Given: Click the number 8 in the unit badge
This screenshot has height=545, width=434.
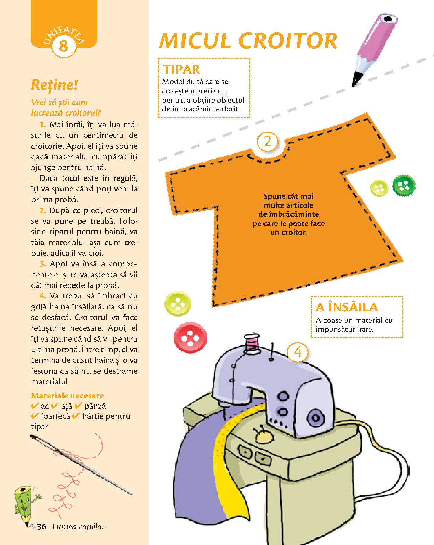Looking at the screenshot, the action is click(x=64, y=46).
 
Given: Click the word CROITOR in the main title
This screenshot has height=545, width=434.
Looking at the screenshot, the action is click(x=288, y=41).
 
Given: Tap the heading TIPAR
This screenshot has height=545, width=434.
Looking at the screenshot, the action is click(x=181, y=69).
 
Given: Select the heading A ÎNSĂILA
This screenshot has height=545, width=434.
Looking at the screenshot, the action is click(x=347, y=307).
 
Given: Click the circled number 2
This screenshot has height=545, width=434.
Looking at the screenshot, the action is click(x=267, y=142).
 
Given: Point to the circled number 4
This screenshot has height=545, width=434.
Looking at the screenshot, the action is click(x=298, y=352).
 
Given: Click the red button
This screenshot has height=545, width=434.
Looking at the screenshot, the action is click(x=190, y=337).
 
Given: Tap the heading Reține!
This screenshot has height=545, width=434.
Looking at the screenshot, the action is click(x=54, y=85).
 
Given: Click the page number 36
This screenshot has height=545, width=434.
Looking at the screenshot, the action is click(x=42, y=527).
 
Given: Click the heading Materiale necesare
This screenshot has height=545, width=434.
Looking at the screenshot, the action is click(x=67, y=395).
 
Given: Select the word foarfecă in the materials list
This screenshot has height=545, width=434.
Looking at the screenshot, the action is click(x=55, y=416).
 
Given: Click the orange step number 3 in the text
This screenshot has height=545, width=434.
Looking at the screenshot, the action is click(x=43, y=264).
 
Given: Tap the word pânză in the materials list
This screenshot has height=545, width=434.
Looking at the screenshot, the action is click(x=95, y=406).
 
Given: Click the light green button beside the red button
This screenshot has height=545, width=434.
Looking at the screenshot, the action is click(x=178, y=303).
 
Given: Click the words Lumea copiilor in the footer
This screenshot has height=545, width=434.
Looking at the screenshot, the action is click(x=79, y=527).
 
